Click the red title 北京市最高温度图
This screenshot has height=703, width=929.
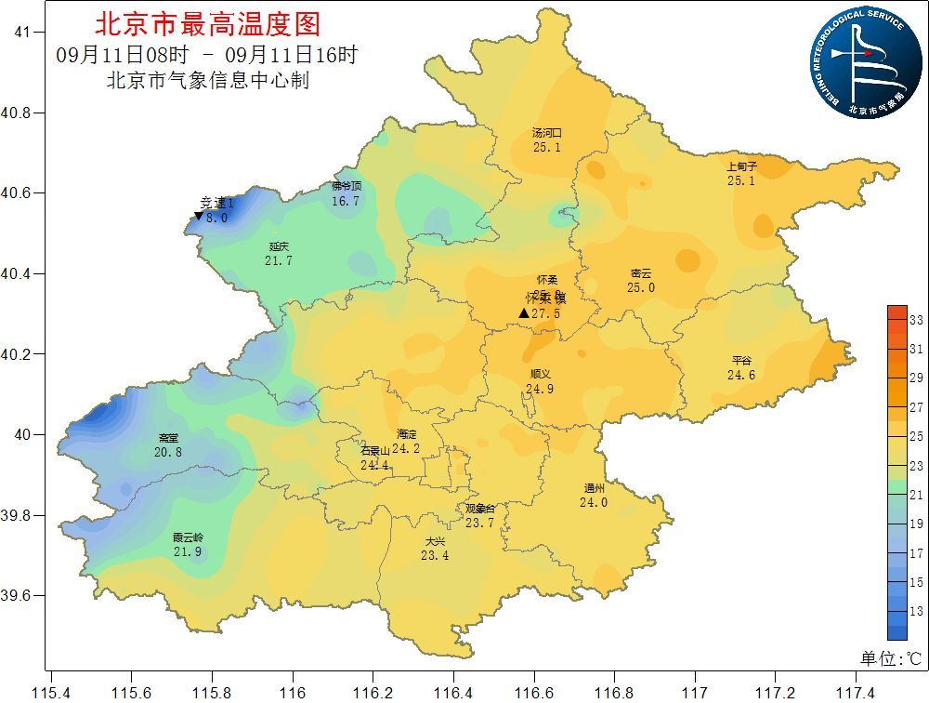click(207, 23)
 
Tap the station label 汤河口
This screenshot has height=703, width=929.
click(546, 133)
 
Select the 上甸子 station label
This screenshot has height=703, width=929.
click(741, 167)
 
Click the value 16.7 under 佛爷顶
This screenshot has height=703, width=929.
click(346, 201)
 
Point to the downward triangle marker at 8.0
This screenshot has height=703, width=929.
click(198, 217)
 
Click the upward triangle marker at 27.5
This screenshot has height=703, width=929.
click(524, 313)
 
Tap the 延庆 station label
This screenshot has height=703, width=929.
click(279, 247)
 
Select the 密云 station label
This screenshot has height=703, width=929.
click(641, 273)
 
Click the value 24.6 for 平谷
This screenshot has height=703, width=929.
click(741, 375)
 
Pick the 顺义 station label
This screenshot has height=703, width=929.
click(539, 375)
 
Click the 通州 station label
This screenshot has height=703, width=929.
click(594, 489)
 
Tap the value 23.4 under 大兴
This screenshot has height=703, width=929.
click(435, 555)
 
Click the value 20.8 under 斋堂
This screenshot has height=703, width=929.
click(168, 452)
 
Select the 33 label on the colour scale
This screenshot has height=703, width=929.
click(915, 320)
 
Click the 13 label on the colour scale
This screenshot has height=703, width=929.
click(915, 612)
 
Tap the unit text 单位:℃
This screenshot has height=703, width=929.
click(890, 658)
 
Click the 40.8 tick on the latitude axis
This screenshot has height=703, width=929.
click(17, 113)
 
